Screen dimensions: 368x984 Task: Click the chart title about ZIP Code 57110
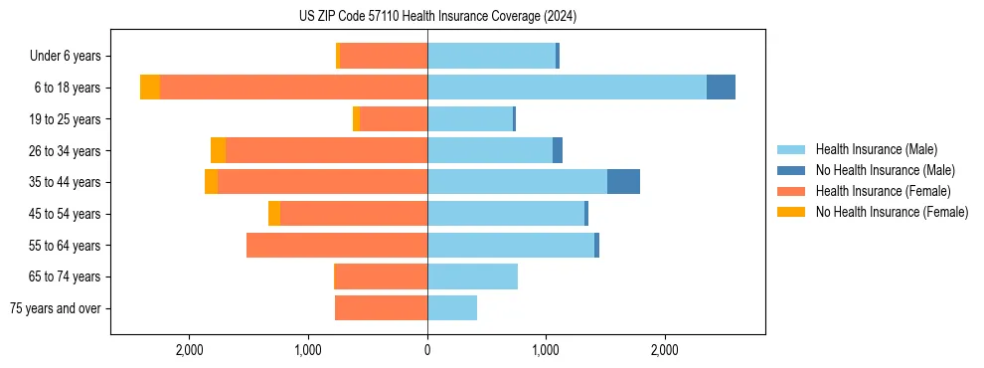[x=437, y=17]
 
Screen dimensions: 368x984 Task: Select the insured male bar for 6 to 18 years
[x=567, y=88]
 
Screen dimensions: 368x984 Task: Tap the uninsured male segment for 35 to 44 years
[x=623, y=182]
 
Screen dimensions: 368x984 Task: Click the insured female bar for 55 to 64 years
[x=337, y=245]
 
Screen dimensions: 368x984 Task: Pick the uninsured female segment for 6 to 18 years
[x=150, y=88]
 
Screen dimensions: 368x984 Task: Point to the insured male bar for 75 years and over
[x=452, y=308]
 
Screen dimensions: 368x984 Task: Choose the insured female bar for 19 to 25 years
[x=394, y=119]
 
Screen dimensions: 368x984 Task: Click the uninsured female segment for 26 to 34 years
[x=218, y=150]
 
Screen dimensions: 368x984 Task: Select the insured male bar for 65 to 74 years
[x=472, y=276]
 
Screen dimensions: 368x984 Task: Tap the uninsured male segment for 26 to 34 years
[x=558, y=150]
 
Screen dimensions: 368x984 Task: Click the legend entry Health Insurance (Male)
[x=876, y=149]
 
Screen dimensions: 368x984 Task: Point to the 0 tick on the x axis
[x=427, y=350]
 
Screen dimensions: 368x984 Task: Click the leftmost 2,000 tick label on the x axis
[x=189, y=350]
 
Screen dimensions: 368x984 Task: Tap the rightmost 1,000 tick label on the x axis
[x=546, y=350]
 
